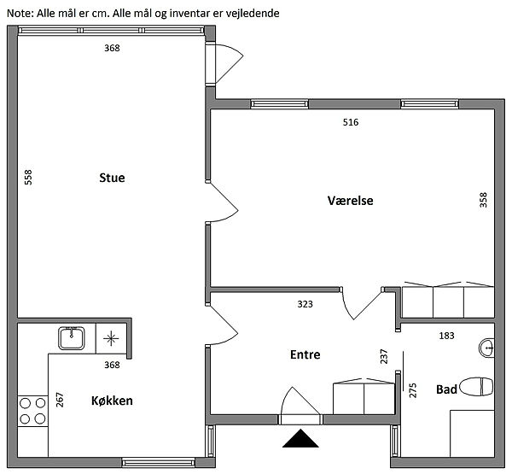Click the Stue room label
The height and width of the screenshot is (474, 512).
pyautogui.click(x=112, y=178)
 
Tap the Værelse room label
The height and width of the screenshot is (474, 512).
pyautogui.click(x=351, y=201)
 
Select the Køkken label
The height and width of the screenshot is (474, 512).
pyautogui.click(x=112, y=401)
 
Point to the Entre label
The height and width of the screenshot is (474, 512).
pyautogui.click(x=305, y=354)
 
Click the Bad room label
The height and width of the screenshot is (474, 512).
pyautogui.click(x=446, y=389)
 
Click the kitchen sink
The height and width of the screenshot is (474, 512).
pyautogui.click(x=72, y=338)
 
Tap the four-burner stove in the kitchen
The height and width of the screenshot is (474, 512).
pyautogui.click(x=32, y=411)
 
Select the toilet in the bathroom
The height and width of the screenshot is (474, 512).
pyautogui.click(x=476, y=386)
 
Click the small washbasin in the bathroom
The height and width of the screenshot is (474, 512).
pyautogui.click(x=486, y=348)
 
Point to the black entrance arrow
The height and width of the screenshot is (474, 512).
pyautogui.click(x=300, y=439)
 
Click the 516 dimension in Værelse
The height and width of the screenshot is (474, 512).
pyautogui.click(x=351, y=122)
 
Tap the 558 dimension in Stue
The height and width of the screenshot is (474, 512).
pyautogui.click(x=28, y=177)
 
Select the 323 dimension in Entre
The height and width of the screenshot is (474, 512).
pyautogui.click(x=305, y=304)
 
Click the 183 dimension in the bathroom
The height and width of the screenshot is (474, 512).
pyautogui.click(x=446, y=336)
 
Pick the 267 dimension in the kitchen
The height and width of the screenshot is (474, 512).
pyautogui.click(x=60, y=400)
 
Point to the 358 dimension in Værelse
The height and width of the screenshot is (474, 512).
pyautogui.click(x=483, y=200)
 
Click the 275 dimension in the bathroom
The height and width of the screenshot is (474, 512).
pyautogui.click(x=413, y=390)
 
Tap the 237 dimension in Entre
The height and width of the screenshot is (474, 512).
pyautogui.click(x=384, y=357)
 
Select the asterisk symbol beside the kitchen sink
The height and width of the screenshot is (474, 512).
pyautogui.click(x=111, y=338)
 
